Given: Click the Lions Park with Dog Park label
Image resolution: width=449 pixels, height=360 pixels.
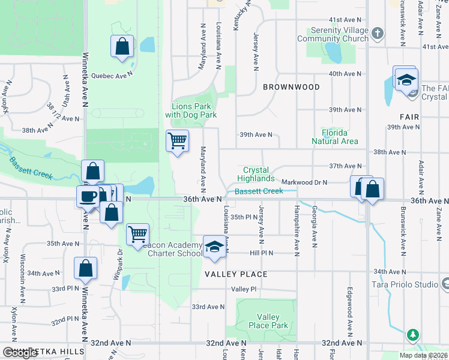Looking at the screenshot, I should pyautogui.click(x=190, y=110).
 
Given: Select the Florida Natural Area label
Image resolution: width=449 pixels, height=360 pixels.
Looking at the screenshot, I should pyautogui.click(x=334, y=137).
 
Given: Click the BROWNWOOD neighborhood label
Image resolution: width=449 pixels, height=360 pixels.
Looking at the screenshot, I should pyautogui.click(x=291, y=87).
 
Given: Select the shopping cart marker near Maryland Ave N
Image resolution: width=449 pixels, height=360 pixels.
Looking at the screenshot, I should pyautogui.click(x=178, y=141).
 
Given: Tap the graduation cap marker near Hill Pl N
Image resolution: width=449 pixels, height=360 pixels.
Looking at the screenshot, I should pyautogui.click(x=214, y=248).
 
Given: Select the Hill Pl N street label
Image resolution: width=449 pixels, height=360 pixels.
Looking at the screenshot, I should pyautogui.click(x=262, y=253).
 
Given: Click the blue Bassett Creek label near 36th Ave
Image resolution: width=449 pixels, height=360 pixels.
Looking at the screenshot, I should pyautogui.click(x=258, y=191).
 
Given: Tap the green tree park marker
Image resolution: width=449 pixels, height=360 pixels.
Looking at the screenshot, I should pyautogui.click(x=412, y=335).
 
